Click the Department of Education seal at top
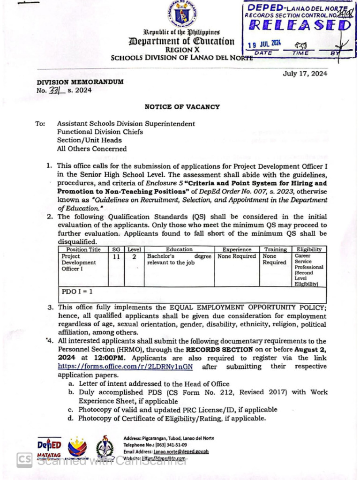pos(182,14)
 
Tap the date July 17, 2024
pos(305,73)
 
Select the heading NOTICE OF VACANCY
pos(182,107)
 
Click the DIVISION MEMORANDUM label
pos(80,82)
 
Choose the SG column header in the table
pos(116,249)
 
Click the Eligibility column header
pos(308,249)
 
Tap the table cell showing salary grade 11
pos(116,256)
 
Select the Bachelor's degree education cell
pos(179,260)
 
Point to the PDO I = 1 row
pos(77,292)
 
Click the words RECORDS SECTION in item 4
pos(213,350)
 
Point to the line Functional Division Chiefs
pos(100,132)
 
